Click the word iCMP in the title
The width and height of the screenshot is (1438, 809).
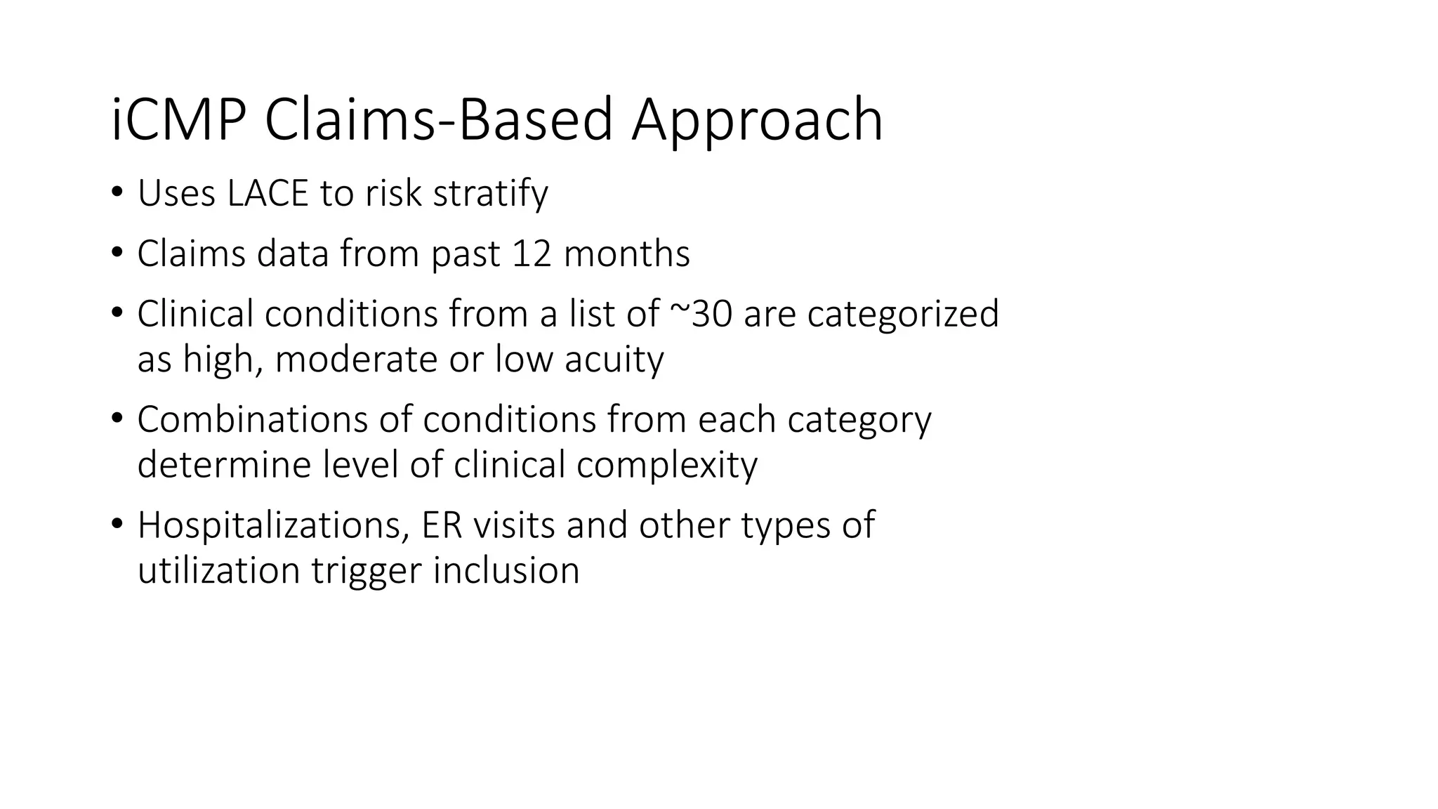[178, 120]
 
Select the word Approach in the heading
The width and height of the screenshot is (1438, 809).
[756, 120]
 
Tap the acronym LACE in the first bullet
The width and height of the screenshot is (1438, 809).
[268, 193]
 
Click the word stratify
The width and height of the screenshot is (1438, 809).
[490, 193]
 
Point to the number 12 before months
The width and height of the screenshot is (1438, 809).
[532, 254]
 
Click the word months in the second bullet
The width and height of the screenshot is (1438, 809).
[626, 254]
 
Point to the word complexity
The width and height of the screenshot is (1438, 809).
[666, 465]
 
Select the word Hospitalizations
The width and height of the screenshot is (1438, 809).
[269, 525]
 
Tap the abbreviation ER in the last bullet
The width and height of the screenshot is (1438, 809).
[442, 525]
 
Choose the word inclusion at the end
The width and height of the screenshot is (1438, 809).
[506, 570]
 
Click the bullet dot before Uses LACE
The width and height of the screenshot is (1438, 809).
[117, 192]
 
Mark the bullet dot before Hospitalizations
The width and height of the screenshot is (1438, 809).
[117, 523]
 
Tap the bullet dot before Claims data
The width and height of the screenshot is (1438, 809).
[117, 252]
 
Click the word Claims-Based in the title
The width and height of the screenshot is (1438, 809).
[439, 120]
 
